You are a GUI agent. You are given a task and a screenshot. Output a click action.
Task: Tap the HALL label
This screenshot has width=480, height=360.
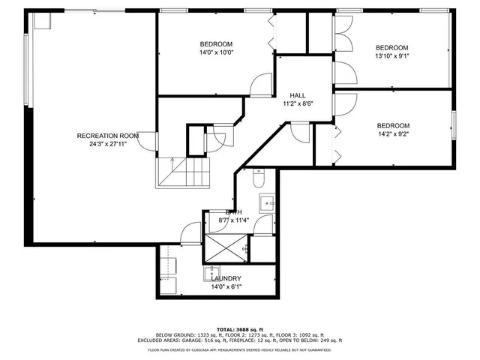coord(298,95)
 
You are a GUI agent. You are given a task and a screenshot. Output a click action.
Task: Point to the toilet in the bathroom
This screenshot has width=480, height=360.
coord(259,178)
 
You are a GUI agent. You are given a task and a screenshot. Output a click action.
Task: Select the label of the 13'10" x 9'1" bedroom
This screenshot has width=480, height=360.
coord(392,46)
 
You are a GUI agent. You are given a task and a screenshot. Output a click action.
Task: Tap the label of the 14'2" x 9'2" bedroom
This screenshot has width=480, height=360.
coord(393,125)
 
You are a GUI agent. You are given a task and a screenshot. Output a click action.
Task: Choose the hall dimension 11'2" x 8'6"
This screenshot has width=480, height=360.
coord(298,103)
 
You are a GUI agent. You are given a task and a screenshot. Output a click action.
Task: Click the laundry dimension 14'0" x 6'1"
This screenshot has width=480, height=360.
coord(226,287)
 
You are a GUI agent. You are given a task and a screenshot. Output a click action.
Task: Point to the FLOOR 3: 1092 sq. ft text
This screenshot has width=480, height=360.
coord(302,335)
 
